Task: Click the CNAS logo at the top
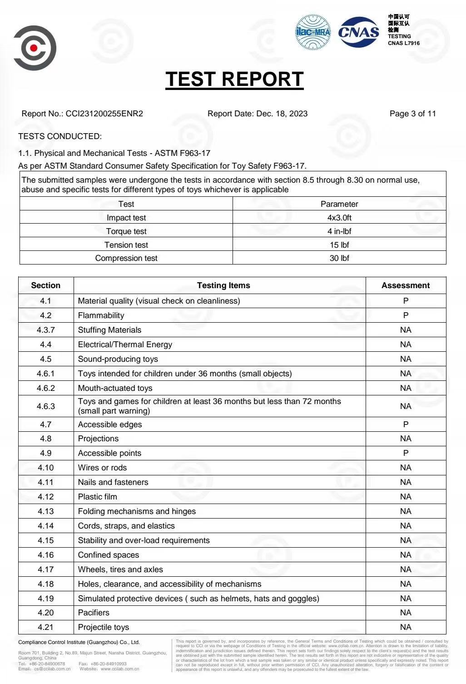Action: [358, 32]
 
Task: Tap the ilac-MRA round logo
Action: [313, 32]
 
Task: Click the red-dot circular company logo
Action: [35, 48]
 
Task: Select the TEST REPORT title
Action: [234, 79]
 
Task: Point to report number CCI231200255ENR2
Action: [104, 114]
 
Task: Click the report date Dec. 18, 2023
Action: [282, 114]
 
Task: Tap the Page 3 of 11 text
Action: [412, 114]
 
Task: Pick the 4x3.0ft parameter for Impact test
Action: [339, 218]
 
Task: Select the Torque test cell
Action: [126, 231]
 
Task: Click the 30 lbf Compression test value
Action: [339, 258]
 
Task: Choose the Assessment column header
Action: [405, 285]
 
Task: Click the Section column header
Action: [45, 285]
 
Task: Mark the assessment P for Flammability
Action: [406, 315]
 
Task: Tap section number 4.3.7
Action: [45, 330]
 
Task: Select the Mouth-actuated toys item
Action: [115, 388]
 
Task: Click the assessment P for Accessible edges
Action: [406, 424]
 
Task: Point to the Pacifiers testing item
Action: [94, 613]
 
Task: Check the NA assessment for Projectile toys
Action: [406, 627]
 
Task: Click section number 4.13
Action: [45, 511]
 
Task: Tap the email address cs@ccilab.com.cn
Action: [52, 669]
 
